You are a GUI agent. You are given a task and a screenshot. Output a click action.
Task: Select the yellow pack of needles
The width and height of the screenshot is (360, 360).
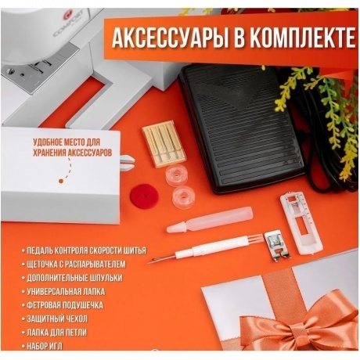(x=164, y=143)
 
